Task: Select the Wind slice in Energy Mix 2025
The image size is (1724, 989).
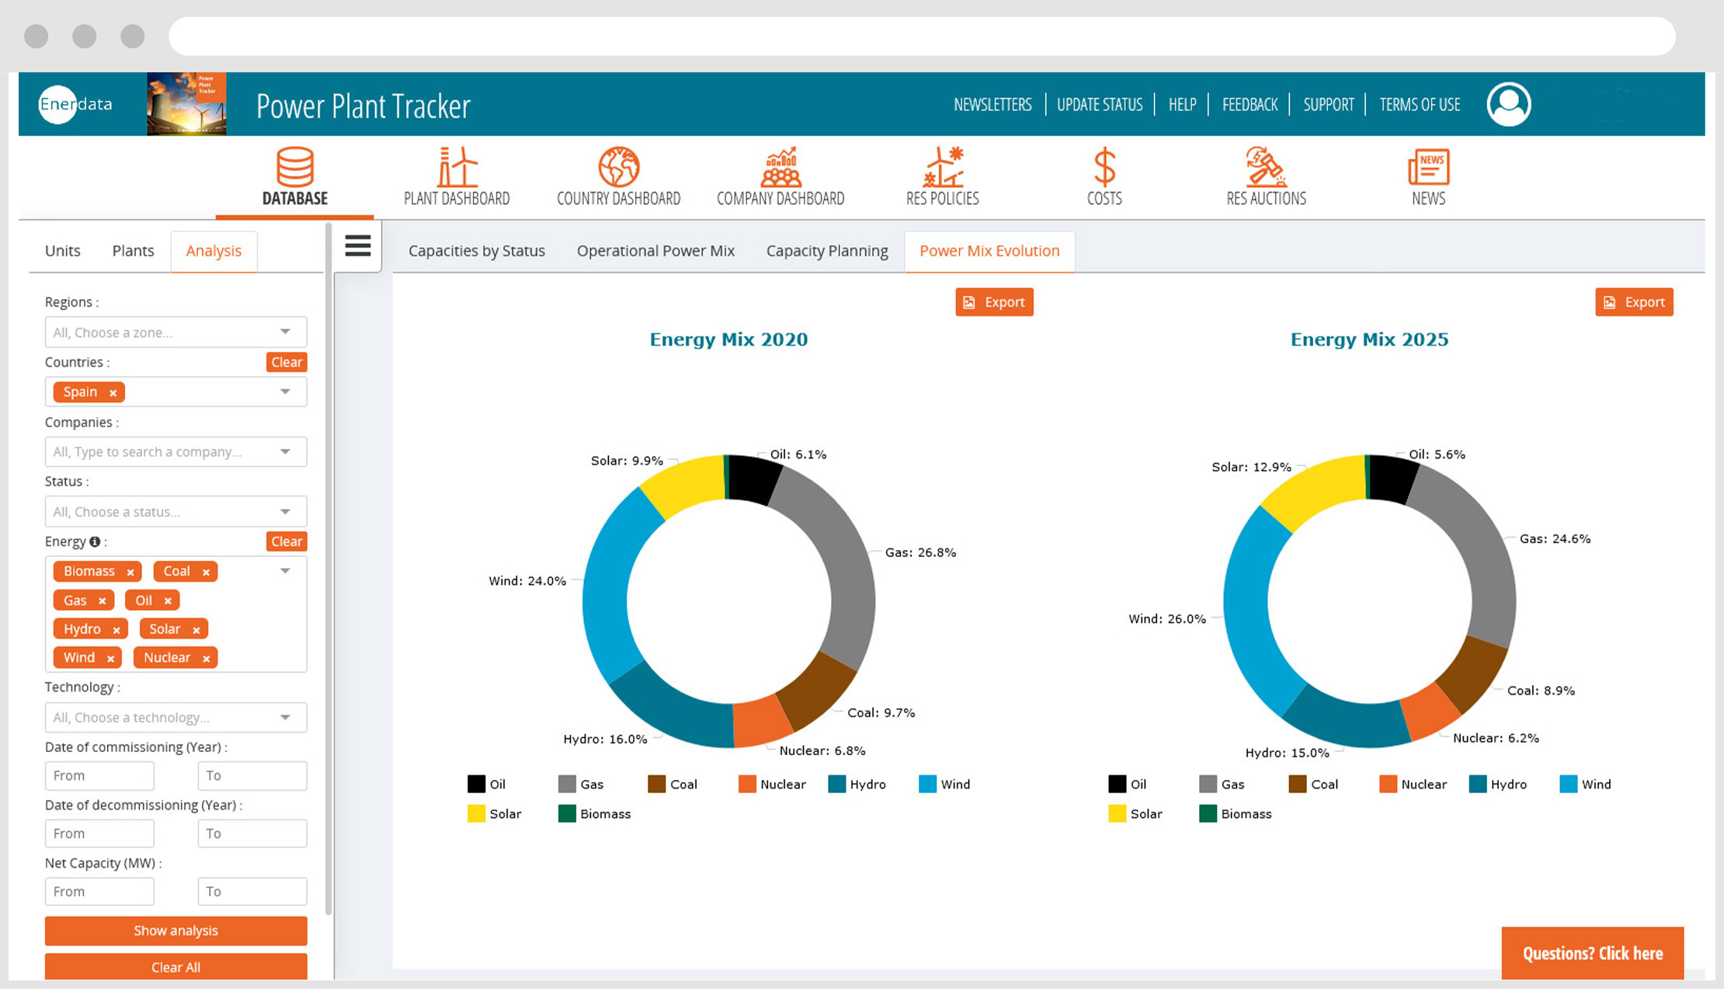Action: pos(1247,614)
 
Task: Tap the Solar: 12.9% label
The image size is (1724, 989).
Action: pos(1251,467)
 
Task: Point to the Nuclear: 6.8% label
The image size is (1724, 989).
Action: pos(822,750)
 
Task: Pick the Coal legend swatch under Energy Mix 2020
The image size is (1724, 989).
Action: pos(657,785)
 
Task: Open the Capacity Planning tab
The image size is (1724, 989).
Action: pos(827,251)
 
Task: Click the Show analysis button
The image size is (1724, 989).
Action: pos(176,931)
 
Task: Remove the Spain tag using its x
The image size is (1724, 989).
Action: pos(113,393)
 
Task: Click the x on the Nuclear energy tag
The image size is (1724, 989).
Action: pos(206,659)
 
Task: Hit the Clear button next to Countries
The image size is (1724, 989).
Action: pos(287,362)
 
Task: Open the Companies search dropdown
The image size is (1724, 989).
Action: pos(176,452)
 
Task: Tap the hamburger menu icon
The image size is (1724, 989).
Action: pos(358,246)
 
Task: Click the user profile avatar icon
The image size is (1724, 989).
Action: pos(1508,104)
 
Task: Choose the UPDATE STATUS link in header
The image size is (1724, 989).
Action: pos(1100,105)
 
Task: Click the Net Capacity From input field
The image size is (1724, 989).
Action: pos(99,892)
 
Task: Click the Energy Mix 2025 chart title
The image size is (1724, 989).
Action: pos(1369,340)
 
